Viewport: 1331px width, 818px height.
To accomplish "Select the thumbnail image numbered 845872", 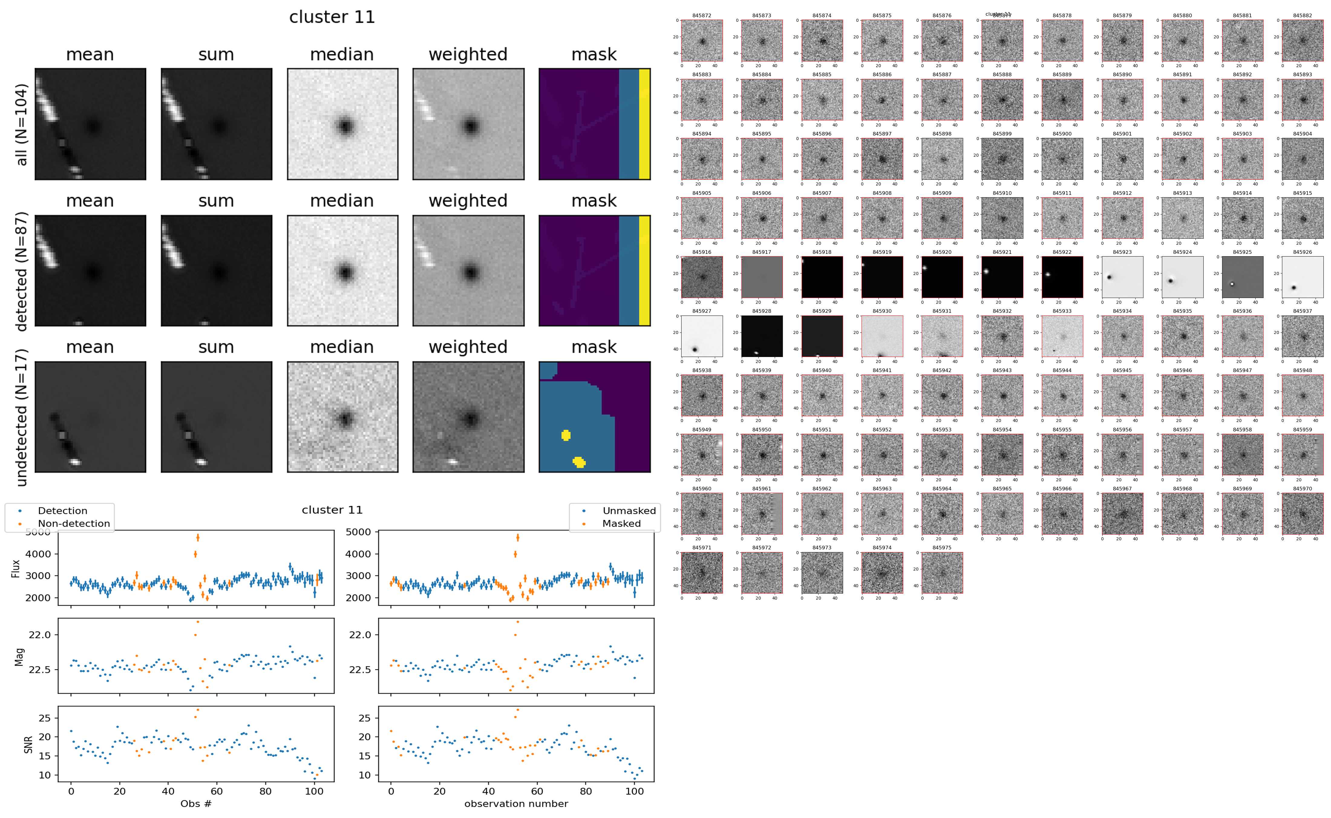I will pos(701,41).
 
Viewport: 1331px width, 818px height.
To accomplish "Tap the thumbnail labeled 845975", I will pos(942,572).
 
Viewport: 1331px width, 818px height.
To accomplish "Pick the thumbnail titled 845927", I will pos(701,336).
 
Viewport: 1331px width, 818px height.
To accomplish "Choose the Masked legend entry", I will pos(621,524).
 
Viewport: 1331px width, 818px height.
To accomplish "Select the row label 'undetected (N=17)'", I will pos(22,417).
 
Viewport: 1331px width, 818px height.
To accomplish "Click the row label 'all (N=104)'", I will pos(22,124).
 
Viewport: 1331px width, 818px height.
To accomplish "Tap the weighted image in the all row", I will pos(468,124).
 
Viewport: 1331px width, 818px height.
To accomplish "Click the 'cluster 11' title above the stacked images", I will pos(332,17).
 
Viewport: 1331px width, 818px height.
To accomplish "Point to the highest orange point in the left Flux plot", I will pos(198,537).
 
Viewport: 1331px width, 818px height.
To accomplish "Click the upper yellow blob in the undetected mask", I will pos(566,435).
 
